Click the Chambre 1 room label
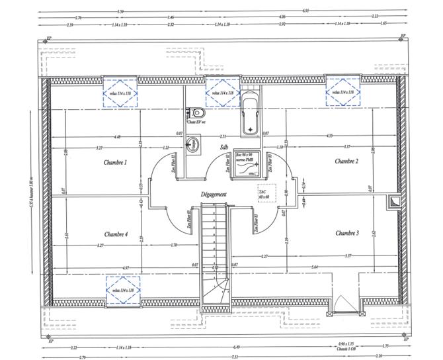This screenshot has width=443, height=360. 115,161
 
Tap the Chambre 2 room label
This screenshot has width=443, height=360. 346,161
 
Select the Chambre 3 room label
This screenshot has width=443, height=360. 346,233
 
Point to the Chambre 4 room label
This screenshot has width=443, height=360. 115,234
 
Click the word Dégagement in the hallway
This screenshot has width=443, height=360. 214,194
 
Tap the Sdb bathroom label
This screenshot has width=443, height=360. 224,147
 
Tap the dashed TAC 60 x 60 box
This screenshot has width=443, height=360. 264,193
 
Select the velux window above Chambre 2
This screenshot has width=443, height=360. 342,93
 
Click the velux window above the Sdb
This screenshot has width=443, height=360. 221,93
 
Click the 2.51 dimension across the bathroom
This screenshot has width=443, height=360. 223,136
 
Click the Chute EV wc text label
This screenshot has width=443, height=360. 196,122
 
